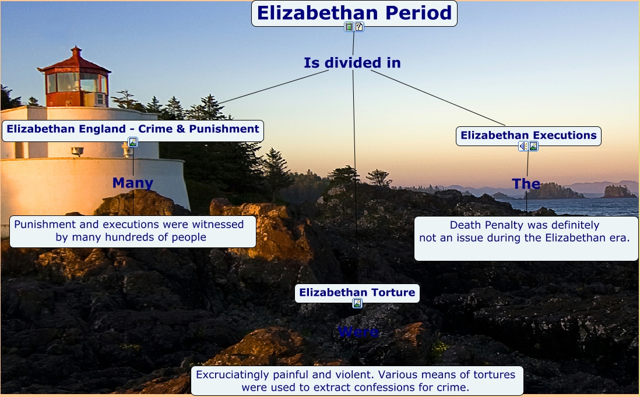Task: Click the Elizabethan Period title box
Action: click(x=354, y=13)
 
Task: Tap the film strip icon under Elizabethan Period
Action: click(x=349, y=27)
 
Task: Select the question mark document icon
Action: click(x=359, y=27)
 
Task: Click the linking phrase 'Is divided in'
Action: click(x=352, y=63)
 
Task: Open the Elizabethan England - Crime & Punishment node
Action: click(x=133, y=129)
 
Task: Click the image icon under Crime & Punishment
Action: click(x=133, y=142)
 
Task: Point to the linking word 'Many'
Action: click(x=133, y=183)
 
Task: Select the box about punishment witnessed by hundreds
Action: click(x=133, y=231)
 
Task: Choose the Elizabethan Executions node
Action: click(x=528, y=136)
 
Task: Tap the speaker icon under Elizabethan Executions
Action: click(x=523, y=146)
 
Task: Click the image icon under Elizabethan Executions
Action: click(x=533, y=146)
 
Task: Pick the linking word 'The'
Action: click(x=526, y=184)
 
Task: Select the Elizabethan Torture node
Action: click(x=357, y=292)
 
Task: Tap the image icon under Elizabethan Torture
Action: click(x=357, y=303)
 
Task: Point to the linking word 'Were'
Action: click(x=358, y=332)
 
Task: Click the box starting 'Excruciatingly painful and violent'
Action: click(x=357, y=381)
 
